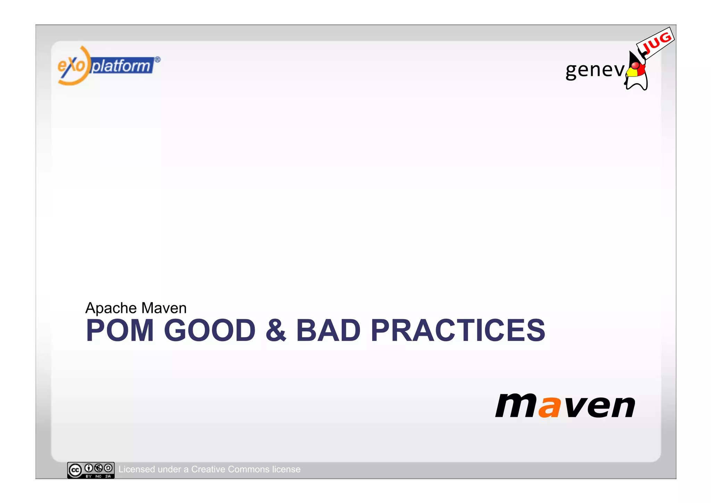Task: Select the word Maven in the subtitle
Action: click(164, 308)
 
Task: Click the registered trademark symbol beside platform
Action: click(157, 60)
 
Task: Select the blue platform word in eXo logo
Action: click(122, 66)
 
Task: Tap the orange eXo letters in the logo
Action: click(71, 65)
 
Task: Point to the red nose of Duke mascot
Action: click(635, 66)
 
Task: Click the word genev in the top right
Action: click(594, 70)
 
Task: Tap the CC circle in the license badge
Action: click(75, 470)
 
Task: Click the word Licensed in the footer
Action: click(136, 469)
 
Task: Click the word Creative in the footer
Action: click(208, 469)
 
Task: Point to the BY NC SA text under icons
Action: click(98, 476)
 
